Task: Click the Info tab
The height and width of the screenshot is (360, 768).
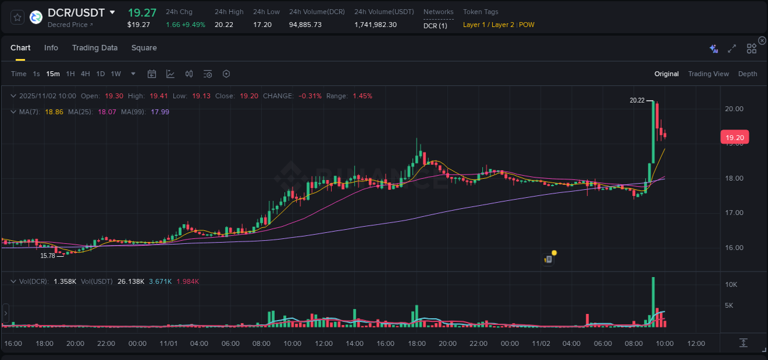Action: click(51, 48)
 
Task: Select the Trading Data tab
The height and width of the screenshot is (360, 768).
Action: click(95, 48)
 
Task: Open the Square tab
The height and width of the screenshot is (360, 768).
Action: click(144, 48)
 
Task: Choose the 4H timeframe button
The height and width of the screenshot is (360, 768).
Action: click(85, 74)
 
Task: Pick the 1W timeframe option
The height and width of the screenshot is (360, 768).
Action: click(116, 74)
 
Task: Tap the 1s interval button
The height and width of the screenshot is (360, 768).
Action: click(36, 74)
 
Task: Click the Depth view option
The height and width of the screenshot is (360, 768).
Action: click(747, 74)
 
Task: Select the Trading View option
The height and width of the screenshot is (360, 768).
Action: click(708, 74)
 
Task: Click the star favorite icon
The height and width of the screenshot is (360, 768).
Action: click(18, 17)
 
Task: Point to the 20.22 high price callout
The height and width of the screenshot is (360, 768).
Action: click(637, 100)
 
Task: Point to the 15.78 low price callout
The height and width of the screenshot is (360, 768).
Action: click(47, 256)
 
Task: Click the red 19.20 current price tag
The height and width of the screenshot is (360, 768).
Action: click(734, 138)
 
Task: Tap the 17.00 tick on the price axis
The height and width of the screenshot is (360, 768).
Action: click(734, 213)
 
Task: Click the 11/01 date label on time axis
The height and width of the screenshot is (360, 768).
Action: click(168, 343)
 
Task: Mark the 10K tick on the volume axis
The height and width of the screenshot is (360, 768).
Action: click(731, 285)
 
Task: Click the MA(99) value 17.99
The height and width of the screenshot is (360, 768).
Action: click(160, 112)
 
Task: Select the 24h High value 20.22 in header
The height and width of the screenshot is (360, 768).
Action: click(224, 25)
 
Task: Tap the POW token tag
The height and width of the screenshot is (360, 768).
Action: click(527, 25)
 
